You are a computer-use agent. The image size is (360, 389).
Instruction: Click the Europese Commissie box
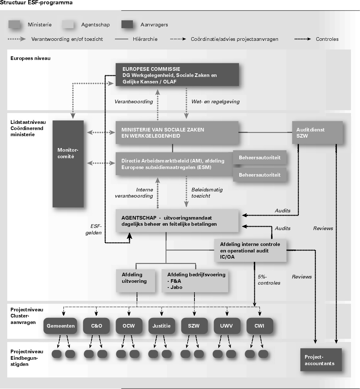(177, 74)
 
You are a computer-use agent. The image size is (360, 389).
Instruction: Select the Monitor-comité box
(68, 164)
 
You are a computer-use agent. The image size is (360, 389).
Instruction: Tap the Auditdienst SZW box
(317, 132)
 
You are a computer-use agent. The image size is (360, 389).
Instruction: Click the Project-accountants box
(321, 359)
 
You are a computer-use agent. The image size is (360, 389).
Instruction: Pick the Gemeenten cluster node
(61, 326)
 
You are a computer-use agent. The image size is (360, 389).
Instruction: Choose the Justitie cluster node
(161, 326)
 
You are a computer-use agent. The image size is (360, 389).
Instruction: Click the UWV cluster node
(227, 326)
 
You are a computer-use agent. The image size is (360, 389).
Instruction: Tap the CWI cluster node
(259, 326)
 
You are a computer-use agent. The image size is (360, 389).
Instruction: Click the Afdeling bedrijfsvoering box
(195, 280)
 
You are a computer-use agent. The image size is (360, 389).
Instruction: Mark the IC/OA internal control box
(250, 250)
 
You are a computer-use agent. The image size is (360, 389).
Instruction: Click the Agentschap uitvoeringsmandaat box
(177, 221)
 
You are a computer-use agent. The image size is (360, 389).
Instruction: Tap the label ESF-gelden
(96, 230)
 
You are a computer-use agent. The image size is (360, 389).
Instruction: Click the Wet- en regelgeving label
(215, 102)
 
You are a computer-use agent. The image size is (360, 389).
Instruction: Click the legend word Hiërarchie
(145, 39)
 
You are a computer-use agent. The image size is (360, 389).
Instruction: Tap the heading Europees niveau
(30, 58)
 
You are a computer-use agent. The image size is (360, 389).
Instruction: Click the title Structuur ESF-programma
(36, 3)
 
